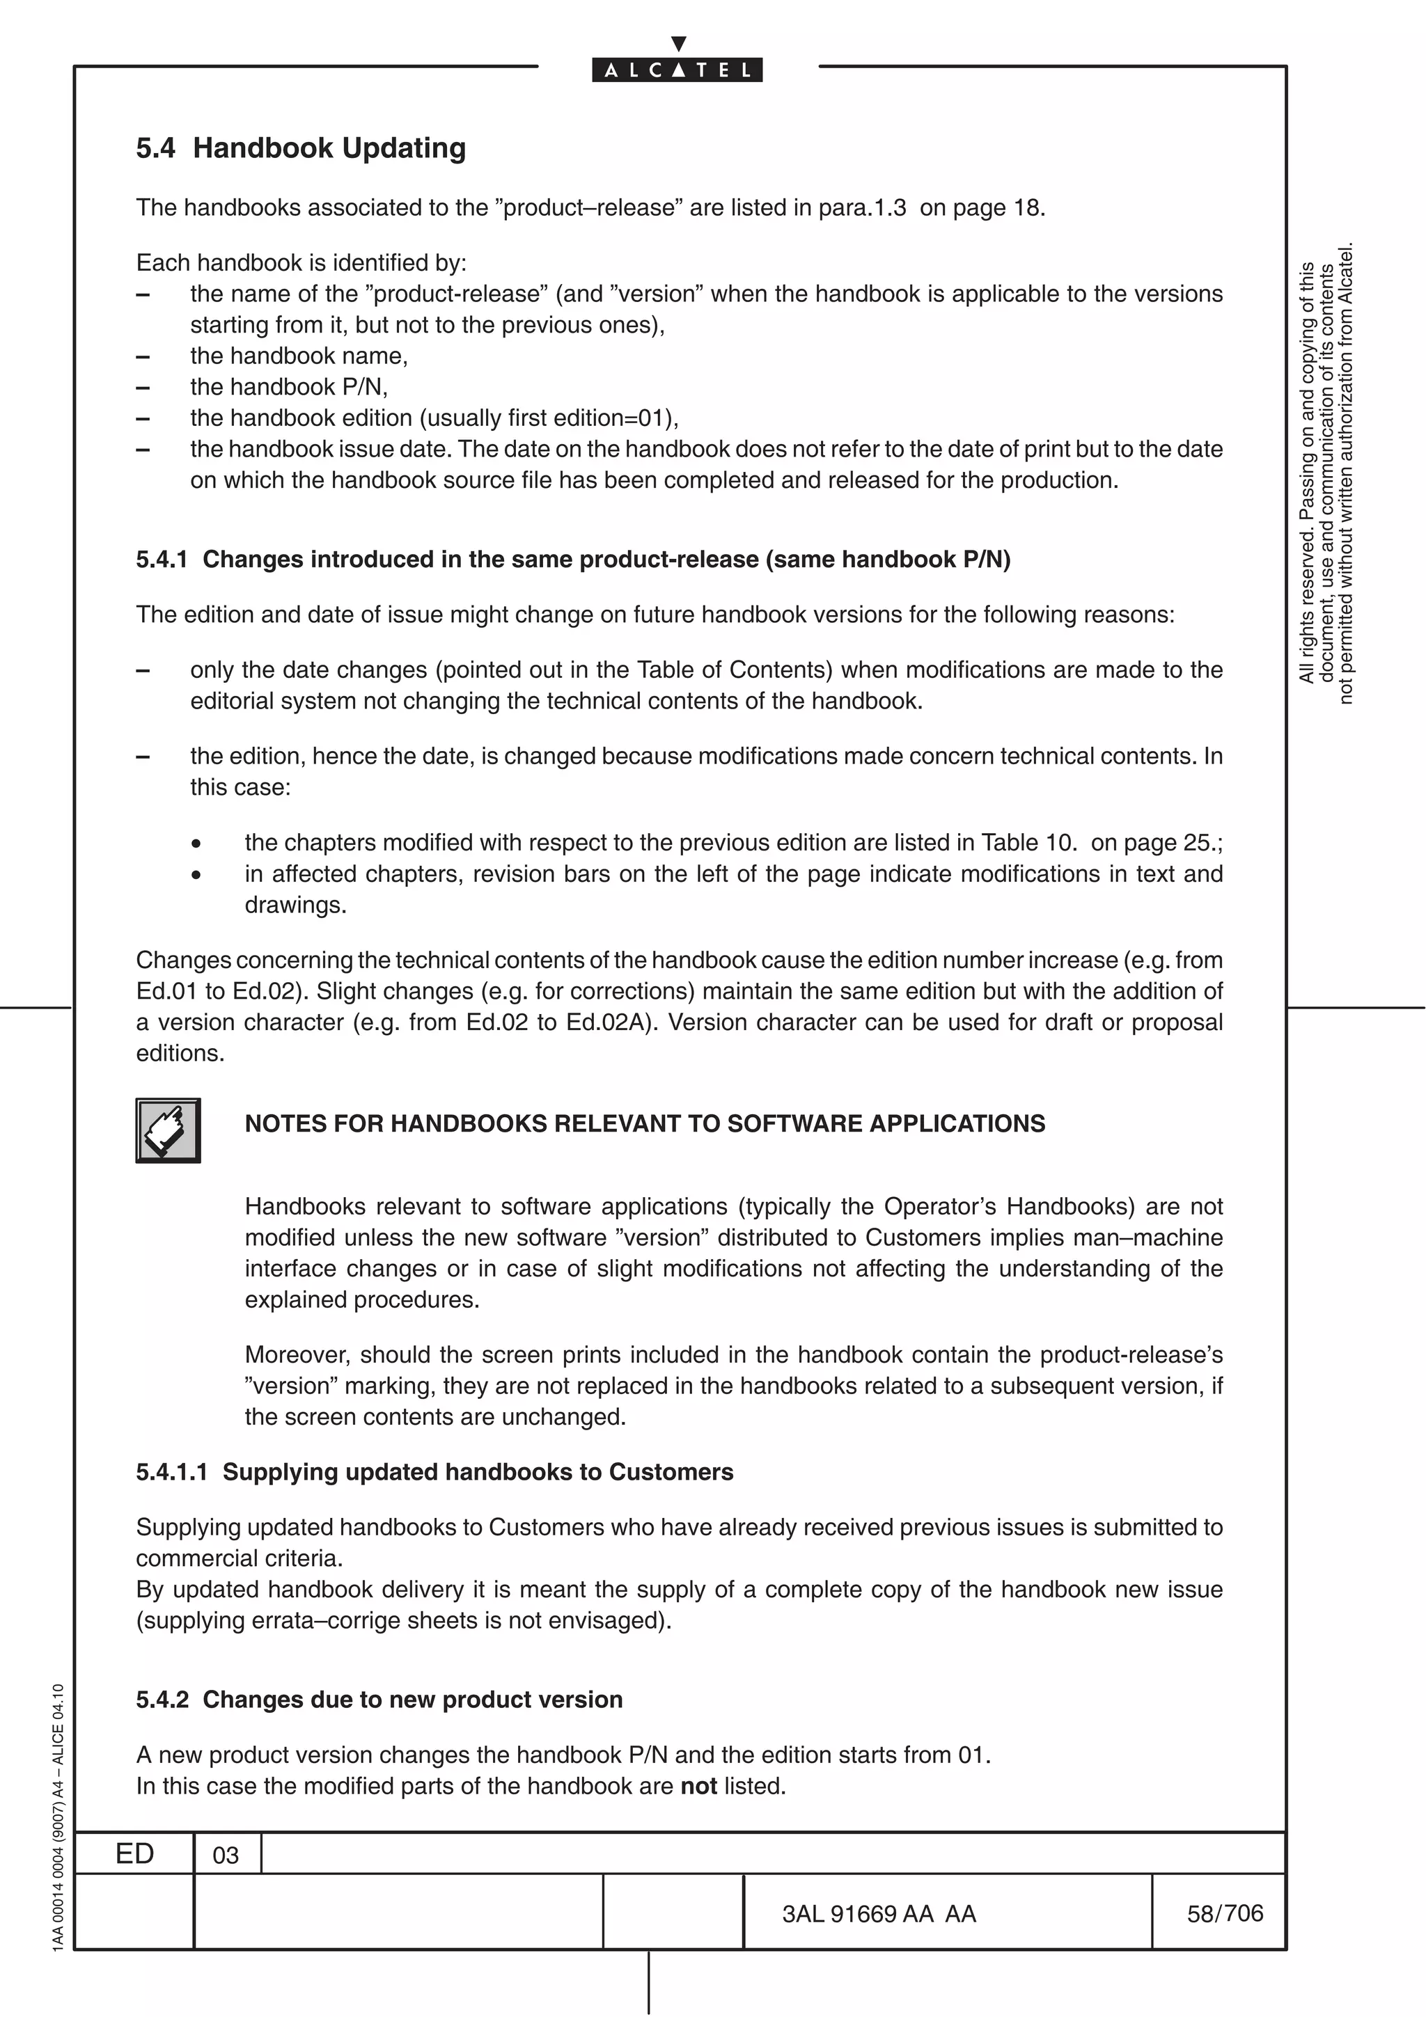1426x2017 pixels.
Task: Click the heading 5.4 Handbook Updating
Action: coord(301,148)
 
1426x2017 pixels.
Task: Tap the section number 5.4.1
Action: coord(162,560)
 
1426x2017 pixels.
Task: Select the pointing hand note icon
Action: coord(168,1130)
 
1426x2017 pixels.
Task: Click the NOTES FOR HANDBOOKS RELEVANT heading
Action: coord(644,1123)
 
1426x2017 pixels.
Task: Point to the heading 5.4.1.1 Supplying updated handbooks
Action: coord(434,1472)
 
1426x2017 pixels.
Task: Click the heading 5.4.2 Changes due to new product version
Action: coord(379,1699)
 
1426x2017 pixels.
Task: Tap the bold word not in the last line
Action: coord(698,1786)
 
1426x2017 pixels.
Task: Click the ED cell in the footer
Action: coord(134,1853)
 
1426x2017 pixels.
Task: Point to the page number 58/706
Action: coord(1225,1913)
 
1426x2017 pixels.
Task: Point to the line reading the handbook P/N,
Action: coord(288,386)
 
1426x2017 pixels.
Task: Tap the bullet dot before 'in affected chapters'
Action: coord(197,875)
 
